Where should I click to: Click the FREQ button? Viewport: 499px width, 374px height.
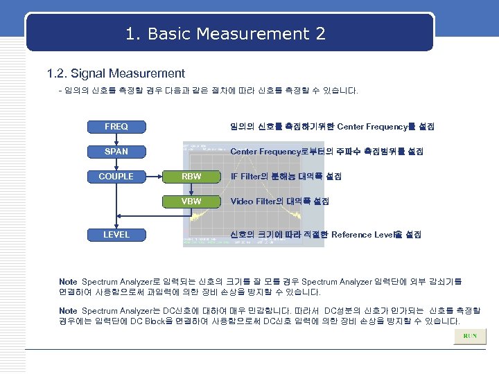tap(116, 127)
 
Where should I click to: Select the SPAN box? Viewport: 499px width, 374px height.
tap(116, 151)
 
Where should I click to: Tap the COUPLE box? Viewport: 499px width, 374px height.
tap(116, 177)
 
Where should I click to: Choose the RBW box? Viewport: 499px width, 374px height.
tap(191, 177)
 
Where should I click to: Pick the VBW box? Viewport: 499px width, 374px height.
tap(191, 202)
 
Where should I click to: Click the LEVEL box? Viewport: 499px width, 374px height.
tap(116, 235)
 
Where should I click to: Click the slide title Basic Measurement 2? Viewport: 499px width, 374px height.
tap(226, 33)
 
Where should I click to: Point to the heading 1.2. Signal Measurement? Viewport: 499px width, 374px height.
tap(115, 73)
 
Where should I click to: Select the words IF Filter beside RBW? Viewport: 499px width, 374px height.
tap(247, 177)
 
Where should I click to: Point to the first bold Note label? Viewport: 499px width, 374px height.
tap(68, 282)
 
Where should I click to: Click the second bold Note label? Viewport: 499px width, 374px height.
tap(68, 311)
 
